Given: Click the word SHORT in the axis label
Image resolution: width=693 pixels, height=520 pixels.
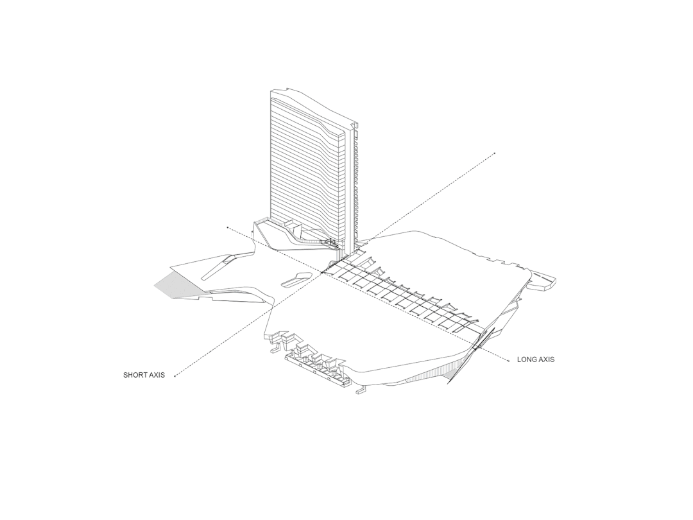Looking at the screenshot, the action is click(134, 375).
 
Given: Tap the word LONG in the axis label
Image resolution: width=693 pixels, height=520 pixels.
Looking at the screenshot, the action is click(527, 360).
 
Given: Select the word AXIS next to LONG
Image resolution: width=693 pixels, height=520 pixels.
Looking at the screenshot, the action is click(546, 360).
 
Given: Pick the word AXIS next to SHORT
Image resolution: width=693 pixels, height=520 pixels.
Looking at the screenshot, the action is click(156, 375).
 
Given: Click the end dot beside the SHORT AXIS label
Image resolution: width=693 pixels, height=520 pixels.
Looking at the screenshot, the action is click(175, 376).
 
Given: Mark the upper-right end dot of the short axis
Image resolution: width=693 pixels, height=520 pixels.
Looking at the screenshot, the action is click(495, 153).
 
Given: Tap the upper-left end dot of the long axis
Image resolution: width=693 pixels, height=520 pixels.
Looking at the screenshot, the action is click(228, 227).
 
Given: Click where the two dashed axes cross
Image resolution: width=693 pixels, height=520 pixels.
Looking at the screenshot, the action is click(321, 273).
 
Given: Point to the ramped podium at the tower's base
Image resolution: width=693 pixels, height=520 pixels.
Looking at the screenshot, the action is click(282, 238).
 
